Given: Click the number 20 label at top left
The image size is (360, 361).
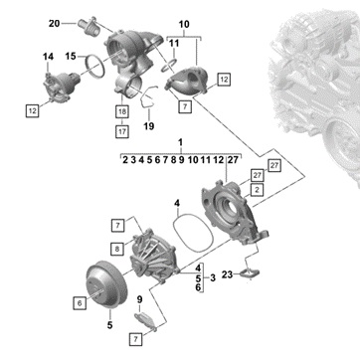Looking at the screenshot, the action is (55, 24).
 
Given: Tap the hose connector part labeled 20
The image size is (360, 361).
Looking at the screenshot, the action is (89, 27).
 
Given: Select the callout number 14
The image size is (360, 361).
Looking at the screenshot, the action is (48, 57).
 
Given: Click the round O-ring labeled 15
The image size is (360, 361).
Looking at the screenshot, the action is (95, 67).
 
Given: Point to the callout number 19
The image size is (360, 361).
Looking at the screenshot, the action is (149, 126).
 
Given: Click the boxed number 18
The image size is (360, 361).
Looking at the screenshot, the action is (122, 112).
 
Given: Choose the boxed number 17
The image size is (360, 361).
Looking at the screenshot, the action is (122, 131).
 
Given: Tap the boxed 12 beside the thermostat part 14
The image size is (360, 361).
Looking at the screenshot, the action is (33, 110).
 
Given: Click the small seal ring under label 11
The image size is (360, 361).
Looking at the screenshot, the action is (169, 66).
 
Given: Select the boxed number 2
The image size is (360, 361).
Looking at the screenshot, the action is (257, 190).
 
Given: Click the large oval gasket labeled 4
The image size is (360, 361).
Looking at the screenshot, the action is (193, 234).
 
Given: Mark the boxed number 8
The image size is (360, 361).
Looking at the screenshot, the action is (117, 249).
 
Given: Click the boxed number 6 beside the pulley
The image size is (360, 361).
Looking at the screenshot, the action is (80, 303).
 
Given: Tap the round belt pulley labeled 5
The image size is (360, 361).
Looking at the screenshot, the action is (106, 285).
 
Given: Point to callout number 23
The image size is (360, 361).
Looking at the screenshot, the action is (227, 274).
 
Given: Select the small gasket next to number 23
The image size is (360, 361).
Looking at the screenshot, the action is (250, 274).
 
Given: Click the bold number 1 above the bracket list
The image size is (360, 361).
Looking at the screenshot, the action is (180, 143).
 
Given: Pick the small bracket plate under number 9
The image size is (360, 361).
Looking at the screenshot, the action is (146, 320).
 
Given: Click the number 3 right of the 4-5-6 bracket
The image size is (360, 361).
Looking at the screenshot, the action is (213, 277).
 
